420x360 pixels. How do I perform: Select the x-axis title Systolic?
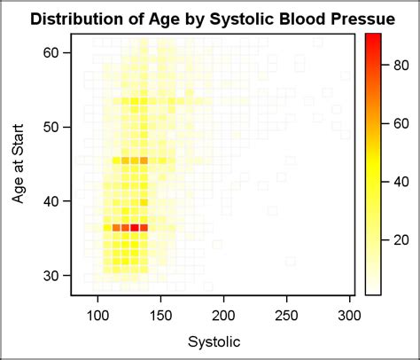213,340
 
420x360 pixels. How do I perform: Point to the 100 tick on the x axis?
98,314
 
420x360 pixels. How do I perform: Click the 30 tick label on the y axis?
54,276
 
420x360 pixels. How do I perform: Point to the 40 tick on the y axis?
54,201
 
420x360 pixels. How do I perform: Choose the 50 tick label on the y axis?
54,127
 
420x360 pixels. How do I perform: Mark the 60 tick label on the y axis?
54,53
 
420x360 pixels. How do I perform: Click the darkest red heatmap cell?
135,228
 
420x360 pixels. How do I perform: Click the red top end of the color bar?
373,37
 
